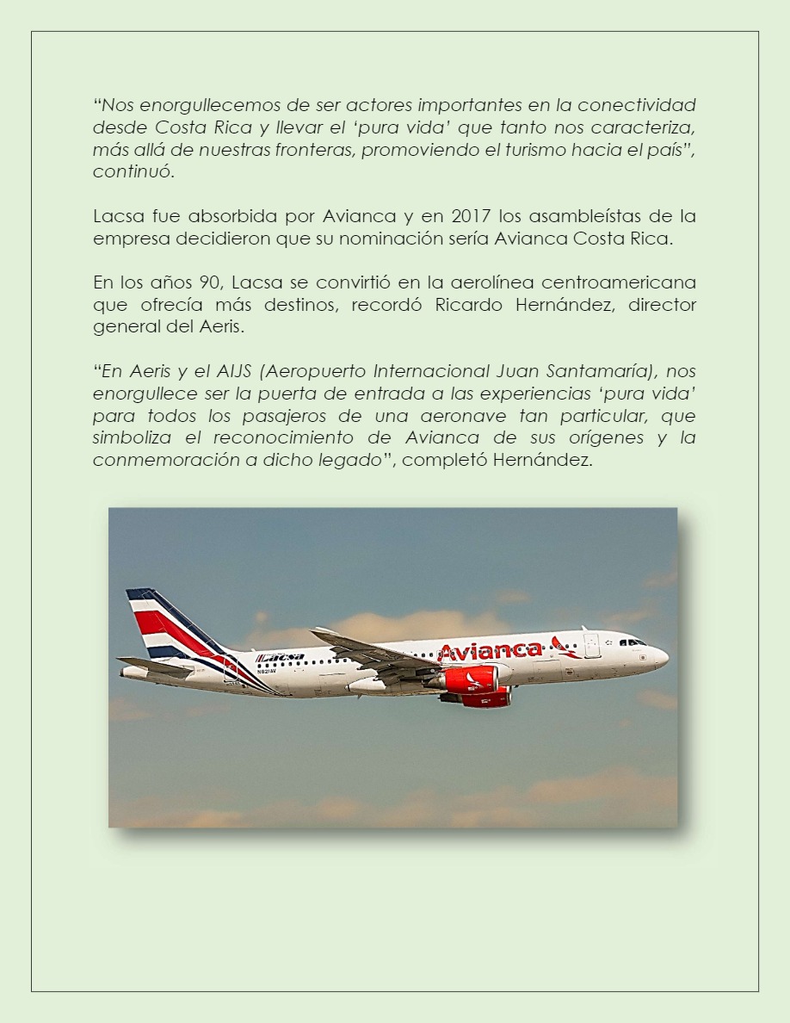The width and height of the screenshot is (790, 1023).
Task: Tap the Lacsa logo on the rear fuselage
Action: click(281, 657)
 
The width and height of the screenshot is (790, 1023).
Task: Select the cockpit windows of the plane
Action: click(632, 642)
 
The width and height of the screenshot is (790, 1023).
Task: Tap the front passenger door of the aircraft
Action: click(591, 646)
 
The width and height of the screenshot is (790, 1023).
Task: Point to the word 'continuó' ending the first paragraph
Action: click(133, 170)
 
